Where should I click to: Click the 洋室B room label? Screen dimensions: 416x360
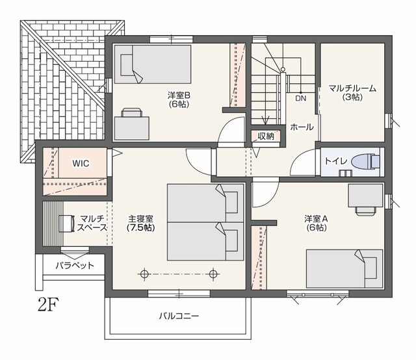point(179,95)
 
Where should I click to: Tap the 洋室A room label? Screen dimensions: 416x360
point(316,219)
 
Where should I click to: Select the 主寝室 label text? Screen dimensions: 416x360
point(140,219)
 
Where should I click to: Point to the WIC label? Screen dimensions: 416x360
point(81,163)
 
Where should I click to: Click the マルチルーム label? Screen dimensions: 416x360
point(352,88)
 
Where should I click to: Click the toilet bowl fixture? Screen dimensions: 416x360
point(365,161)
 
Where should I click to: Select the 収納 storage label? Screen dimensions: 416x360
point(266,136)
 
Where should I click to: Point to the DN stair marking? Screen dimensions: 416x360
point(300,98)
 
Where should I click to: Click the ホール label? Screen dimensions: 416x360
point(302,127)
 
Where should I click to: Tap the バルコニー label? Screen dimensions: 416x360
point(179,316)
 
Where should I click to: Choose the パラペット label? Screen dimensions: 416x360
point(75,265)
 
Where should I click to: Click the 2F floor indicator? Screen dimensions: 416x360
point(48,305)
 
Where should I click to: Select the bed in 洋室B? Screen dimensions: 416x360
point(153,64)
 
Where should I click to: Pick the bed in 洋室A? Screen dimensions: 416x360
point(344,268)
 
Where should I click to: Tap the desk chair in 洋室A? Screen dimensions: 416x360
point(366,211)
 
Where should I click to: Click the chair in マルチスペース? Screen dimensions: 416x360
point(66,224)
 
